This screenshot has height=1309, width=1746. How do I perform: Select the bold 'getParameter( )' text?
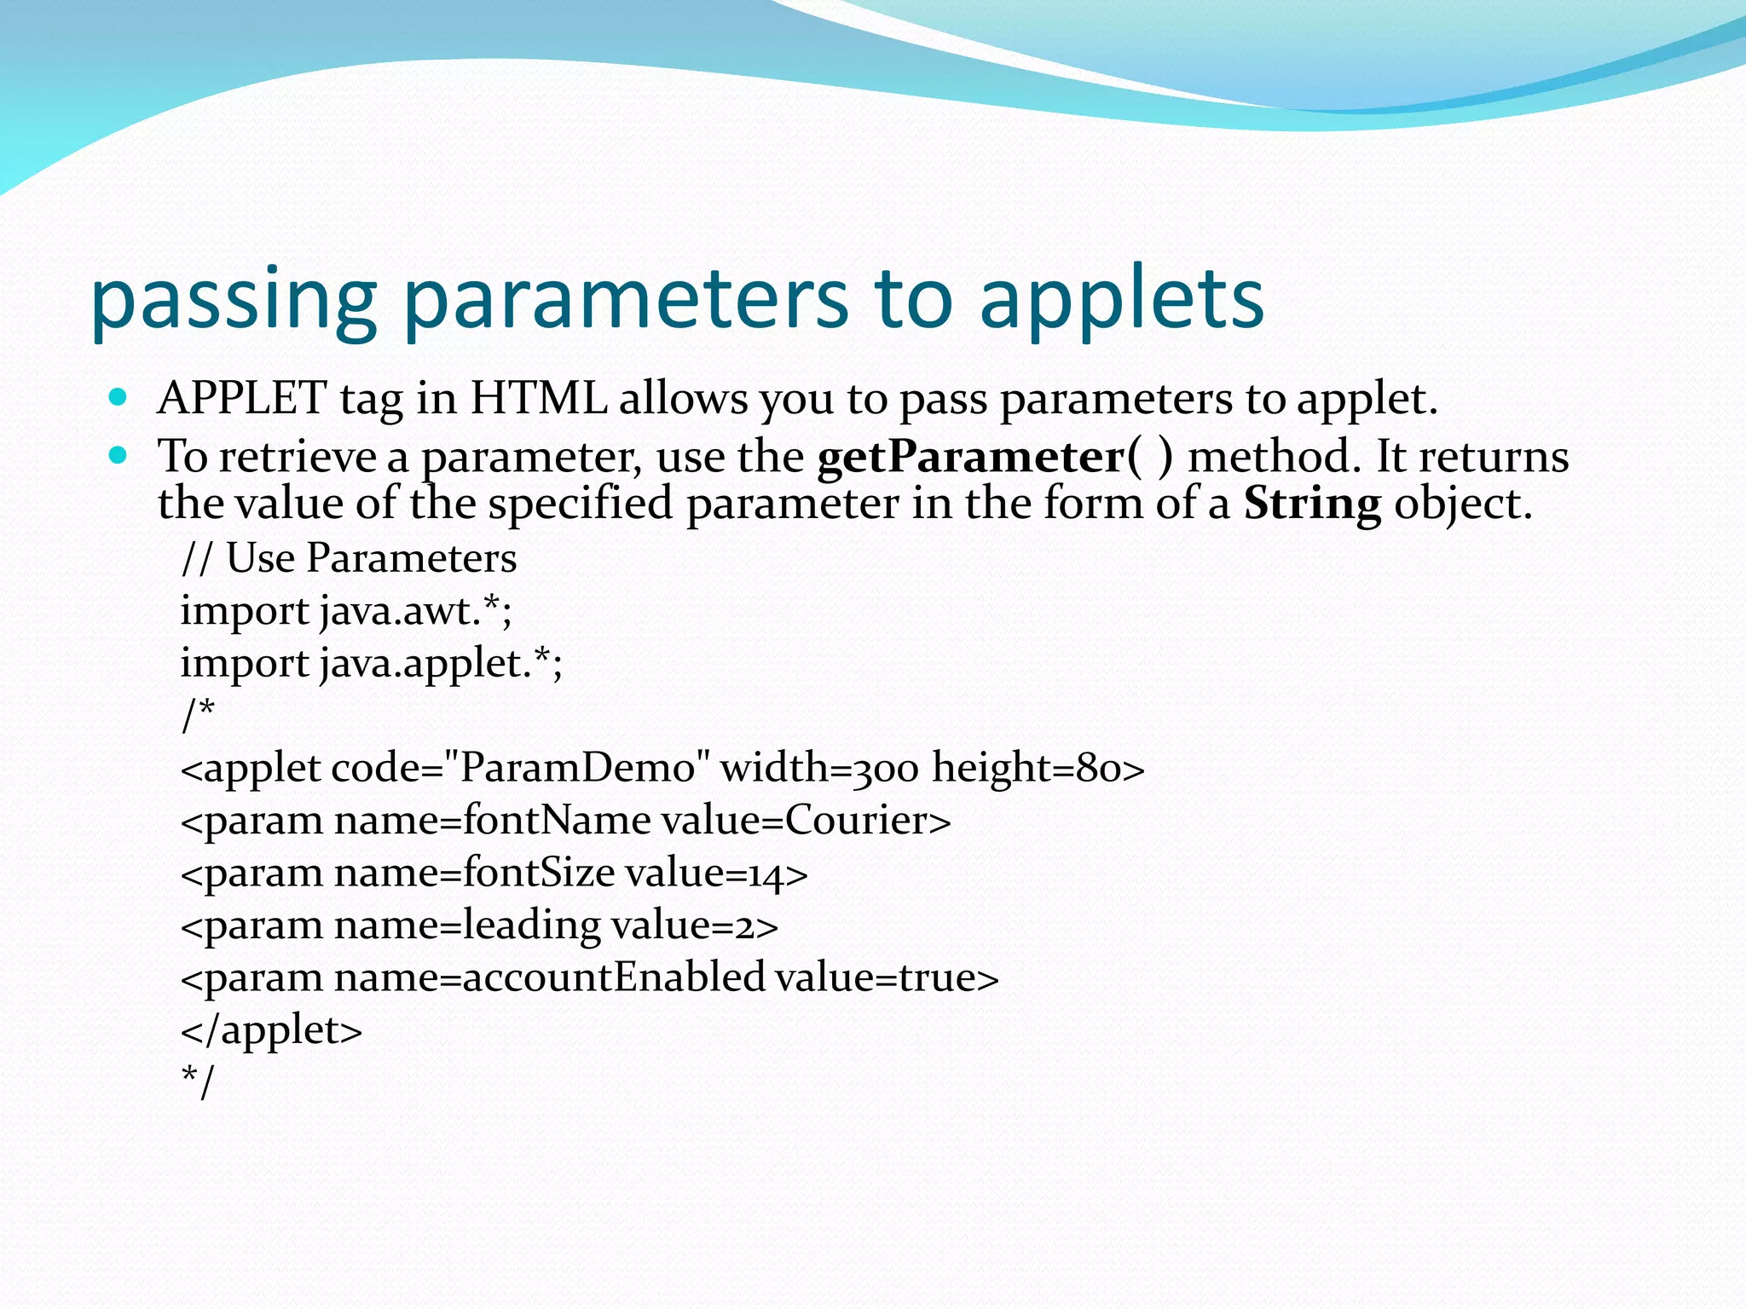coord(994,457)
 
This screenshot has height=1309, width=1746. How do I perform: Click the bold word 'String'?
coord(1311,504)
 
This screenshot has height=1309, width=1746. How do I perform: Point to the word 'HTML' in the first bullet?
coord(539,398)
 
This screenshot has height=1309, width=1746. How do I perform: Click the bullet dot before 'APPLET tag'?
coord(119,397)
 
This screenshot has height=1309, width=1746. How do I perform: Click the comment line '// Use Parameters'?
coord(349,559)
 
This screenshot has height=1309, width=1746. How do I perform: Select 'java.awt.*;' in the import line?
coord(416,611)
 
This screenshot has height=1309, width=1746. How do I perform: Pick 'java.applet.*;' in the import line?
coord(441,663)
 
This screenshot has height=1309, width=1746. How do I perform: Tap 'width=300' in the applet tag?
coord(819,768)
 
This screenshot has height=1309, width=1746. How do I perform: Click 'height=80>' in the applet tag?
coord(1038,768)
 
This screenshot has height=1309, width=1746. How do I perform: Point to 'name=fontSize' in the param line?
coord(474,873)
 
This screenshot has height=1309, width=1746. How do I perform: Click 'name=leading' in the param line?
coord(467,926)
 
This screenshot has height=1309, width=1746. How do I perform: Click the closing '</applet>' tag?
coord(271,1030)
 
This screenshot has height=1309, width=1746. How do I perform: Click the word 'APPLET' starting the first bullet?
coord(241,398)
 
